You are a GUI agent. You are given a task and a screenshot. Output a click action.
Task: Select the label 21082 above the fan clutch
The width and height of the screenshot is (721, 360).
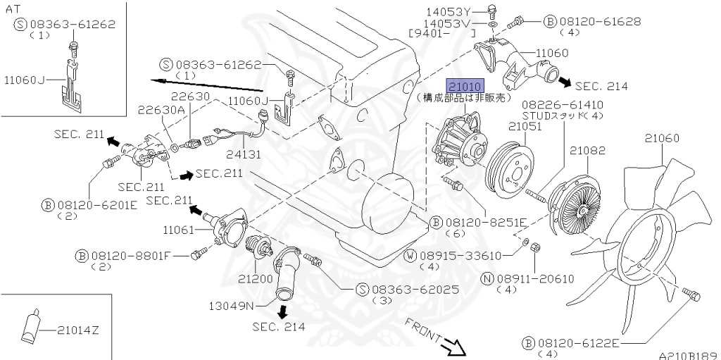588,151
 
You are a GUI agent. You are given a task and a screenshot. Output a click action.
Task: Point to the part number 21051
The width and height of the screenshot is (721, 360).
525,127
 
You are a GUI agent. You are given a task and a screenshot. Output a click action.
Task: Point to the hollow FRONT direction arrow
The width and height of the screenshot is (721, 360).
451,345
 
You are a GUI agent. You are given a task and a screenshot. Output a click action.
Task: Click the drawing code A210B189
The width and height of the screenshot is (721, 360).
688,356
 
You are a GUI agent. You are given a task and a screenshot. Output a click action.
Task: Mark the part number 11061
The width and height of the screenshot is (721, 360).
180,230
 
